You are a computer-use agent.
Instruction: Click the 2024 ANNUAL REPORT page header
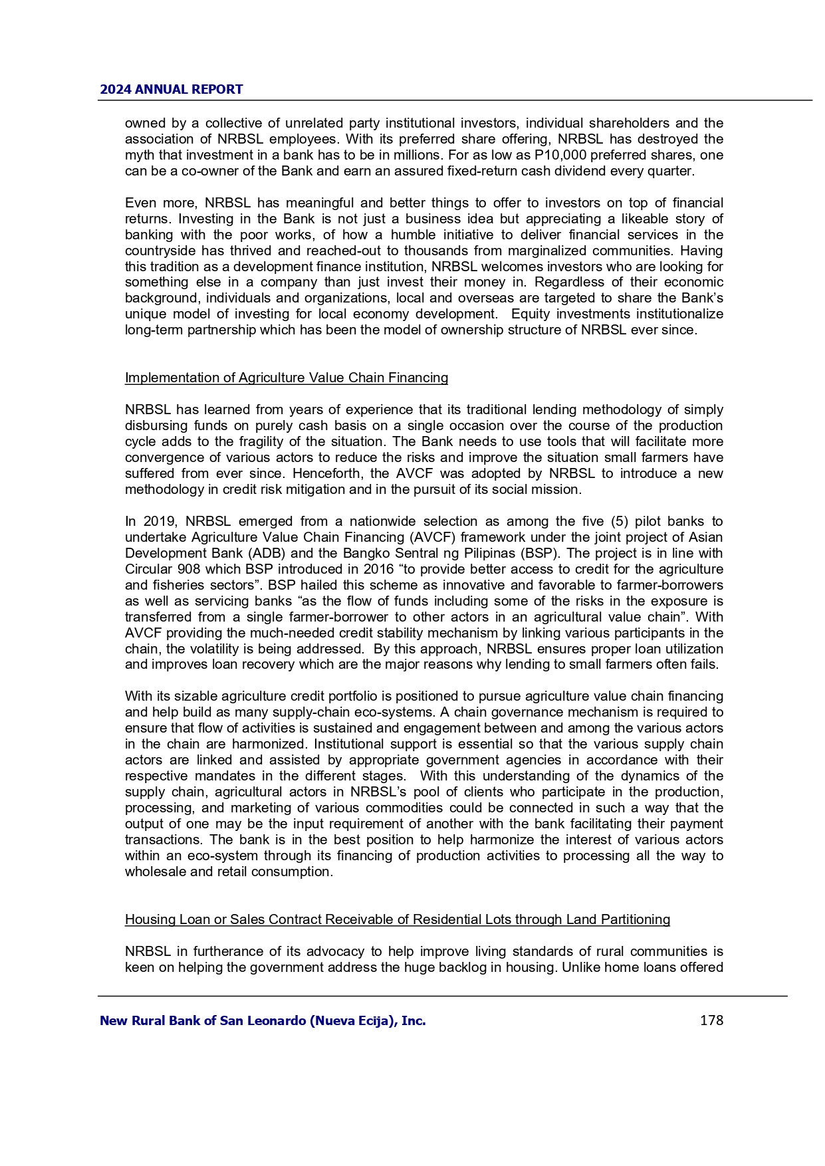click(172, 90)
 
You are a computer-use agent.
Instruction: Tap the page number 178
click(711, 1020)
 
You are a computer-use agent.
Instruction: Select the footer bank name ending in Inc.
click(263, 1020)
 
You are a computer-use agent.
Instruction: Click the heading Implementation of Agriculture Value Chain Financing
click(287, 378)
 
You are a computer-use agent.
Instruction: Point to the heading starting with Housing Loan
click(398, 920)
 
